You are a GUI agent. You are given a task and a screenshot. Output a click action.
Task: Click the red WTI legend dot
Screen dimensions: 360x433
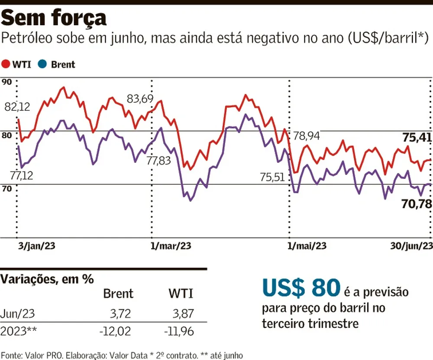[6, 65]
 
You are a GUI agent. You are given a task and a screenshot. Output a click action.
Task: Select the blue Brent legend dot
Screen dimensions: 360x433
[42, 65]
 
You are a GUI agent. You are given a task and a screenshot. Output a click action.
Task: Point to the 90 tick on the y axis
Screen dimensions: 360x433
[6, 82]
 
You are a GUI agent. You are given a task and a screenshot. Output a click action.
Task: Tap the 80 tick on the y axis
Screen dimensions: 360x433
[6, 136]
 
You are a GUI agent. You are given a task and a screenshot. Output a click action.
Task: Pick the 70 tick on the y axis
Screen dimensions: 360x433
[6, 189]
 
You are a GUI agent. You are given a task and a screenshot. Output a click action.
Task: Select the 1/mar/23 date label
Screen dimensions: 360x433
[171, 246]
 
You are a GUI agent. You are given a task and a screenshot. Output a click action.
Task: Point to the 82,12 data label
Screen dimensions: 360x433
[17, 107]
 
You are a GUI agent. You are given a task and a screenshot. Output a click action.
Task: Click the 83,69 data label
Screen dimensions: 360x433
[140, 99]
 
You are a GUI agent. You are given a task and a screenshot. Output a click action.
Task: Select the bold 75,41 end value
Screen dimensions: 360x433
[417, 138]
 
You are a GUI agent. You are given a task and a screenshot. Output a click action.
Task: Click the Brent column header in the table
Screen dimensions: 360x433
[118, 294]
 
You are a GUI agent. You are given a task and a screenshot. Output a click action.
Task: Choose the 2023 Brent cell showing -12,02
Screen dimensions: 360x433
[114, 331]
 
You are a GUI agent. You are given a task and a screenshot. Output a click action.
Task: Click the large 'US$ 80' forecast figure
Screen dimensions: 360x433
[301, 287]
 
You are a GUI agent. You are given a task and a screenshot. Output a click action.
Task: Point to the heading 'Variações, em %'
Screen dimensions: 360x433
[47, 279]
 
